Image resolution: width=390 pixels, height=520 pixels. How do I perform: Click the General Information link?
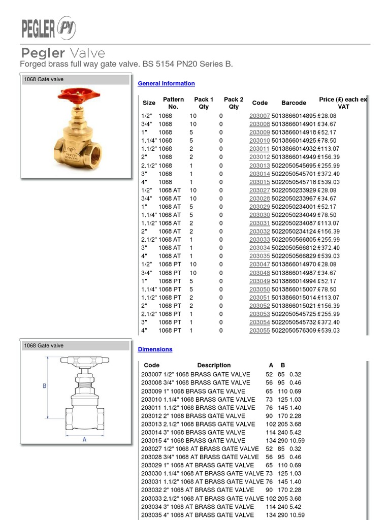coord(166,83)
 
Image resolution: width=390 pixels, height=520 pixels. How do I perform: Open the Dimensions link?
coord(155,349)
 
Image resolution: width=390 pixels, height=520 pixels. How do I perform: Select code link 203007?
coord(259,116)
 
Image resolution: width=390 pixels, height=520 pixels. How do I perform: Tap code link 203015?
coord(259,182)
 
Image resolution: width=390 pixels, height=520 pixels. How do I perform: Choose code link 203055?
coord(259,331)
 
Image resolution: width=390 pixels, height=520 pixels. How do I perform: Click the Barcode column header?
coord(294,103)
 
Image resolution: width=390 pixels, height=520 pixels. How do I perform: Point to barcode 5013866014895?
coord(294,116)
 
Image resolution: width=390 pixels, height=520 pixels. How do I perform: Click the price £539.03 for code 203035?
coord(329,256)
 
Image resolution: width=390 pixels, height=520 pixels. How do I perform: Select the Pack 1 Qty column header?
coord(204,103)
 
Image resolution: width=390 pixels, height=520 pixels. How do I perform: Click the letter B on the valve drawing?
coord(44,386)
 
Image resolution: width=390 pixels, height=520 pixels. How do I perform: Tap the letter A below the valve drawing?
coord(84,440)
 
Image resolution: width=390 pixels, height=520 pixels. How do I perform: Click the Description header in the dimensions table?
coord(214,365)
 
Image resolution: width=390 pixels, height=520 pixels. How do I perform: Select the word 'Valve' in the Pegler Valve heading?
coord(87,53)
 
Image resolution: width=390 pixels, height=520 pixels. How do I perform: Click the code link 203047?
coord(259,265)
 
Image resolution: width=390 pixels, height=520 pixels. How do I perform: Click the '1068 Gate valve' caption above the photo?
coord(44,79)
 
